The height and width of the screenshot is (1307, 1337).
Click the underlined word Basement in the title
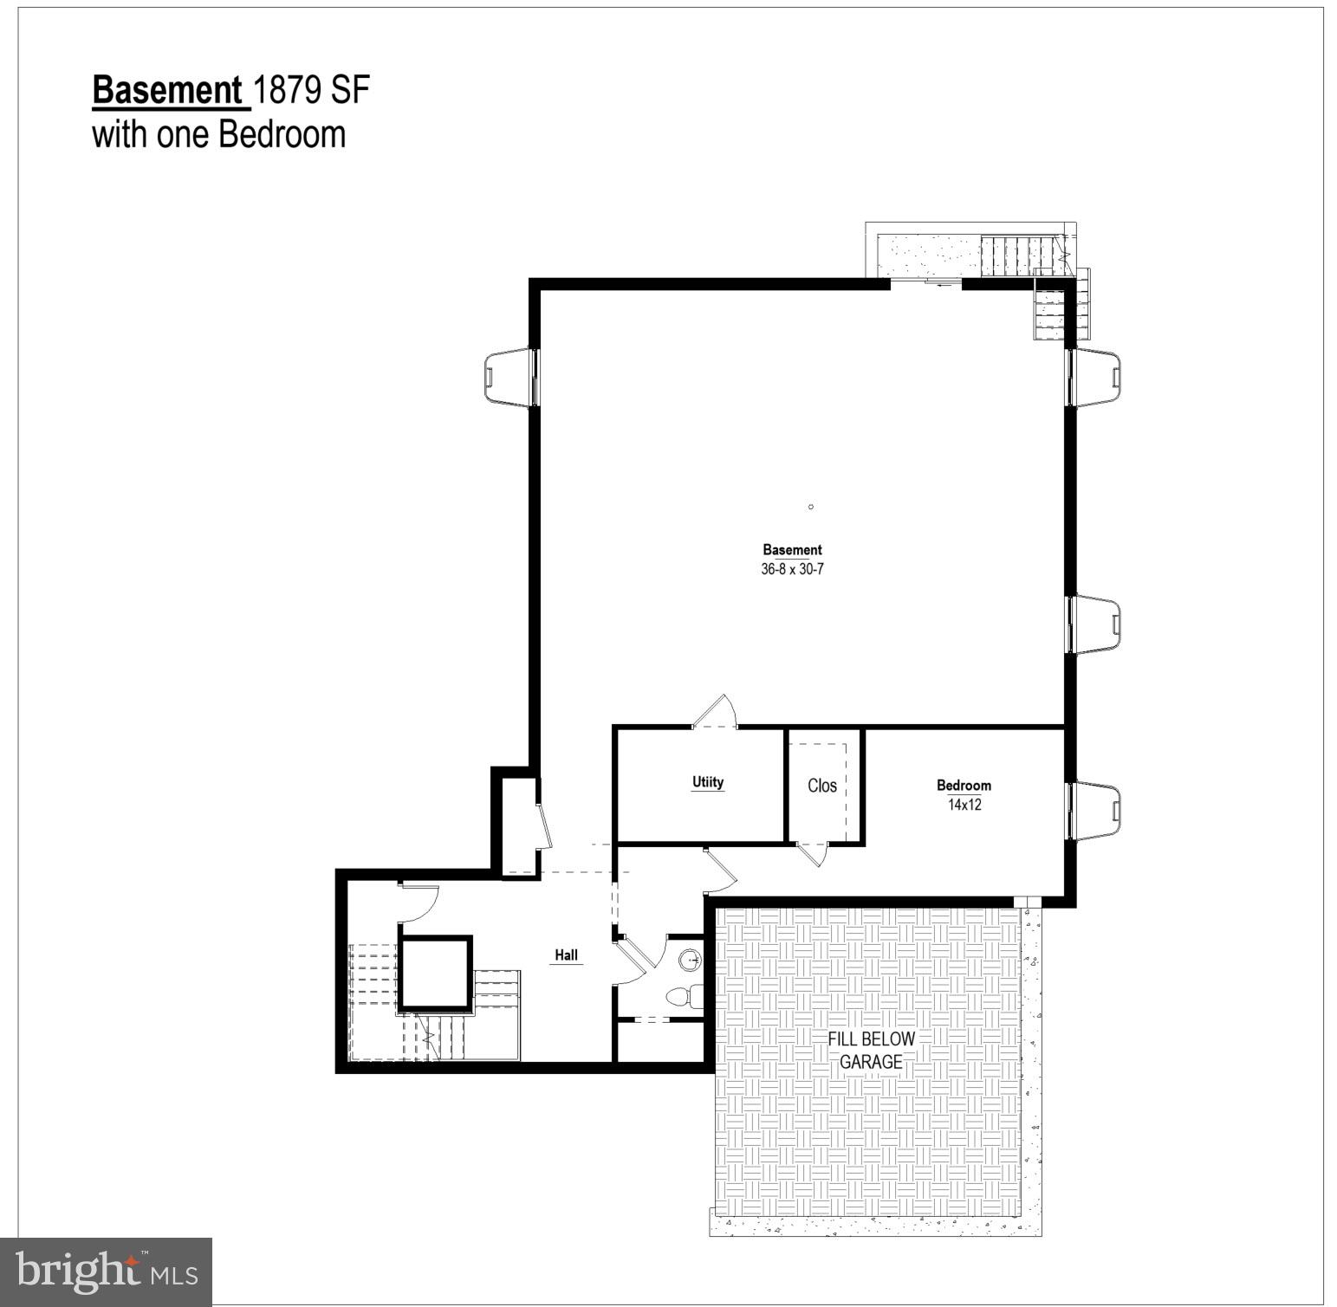click(167, 91)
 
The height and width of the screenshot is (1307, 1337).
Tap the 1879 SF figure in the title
click(312, 91)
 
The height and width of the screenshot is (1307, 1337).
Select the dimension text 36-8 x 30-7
click(792, 570)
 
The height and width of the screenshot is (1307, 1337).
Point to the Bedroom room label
click(964, 786)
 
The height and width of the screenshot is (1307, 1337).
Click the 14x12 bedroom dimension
click(964, 805)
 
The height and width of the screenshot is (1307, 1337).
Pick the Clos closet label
click(822, 786)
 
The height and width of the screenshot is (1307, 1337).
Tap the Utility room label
click(708, 782)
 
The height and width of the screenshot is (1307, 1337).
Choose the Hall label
click(567, 955)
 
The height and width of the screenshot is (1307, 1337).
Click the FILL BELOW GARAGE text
click(871, 1050)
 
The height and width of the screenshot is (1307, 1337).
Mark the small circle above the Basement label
click(811, 507)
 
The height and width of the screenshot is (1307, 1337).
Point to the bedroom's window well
click(1096, 811)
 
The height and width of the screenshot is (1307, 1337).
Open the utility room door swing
click(717, 712)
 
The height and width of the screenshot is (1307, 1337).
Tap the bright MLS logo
click(107, 1271)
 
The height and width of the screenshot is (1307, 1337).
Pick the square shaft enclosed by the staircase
click(436, 973)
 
